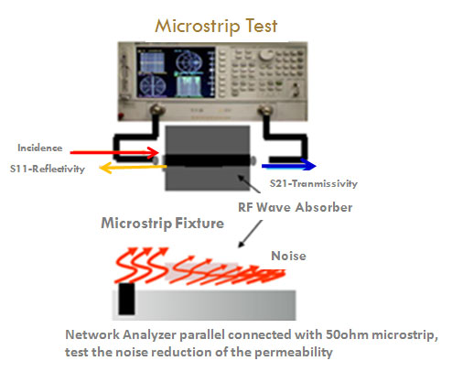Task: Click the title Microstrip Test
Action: (x=216, y=27)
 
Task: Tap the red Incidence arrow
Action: (x=114, y=152)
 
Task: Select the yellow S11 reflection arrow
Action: (x=134, y=168)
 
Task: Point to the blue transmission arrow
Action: (x=289, y=166)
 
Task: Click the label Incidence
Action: (x=40, y=148)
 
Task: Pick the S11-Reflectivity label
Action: (x=48, y=169)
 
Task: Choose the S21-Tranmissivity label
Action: (x=314, y=183)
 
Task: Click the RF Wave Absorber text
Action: (x=296, y=207)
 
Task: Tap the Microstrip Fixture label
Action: (x=163, y=224)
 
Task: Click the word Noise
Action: (x=288, y=256)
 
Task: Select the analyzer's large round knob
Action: (x=266, y=55)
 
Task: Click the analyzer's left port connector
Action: (x=156, y=110)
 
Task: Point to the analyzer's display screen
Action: (x=176, y=73)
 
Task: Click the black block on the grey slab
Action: (x=126, y=299)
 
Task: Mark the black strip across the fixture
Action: (x=207, y=160)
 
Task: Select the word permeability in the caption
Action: (x=294, y=353)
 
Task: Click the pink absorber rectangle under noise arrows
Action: (x=201, y=271)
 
